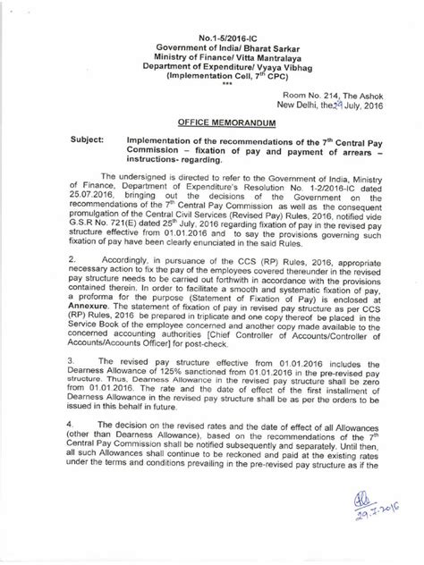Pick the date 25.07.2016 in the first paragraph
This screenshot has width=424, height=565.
(90, 217)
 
